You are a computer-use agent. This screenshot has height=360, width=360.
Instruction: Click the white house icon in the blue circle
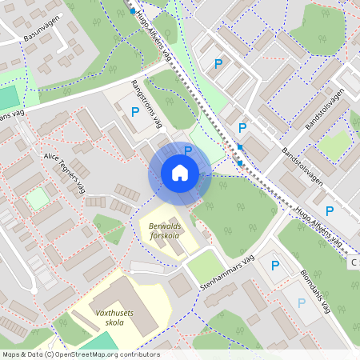pos(180,173)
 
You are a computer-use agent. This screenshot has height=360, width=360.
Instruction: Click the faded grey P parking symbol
pos(301,303)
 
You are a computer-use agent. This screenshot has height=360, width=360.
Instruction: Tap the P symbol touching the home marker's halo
pos(188,150)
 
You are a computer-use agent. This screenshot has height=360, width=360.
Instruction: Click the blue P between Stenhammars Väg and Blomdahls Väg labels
pos(275,266)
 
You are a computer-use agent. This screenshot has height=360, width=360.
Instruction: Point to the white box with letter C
pos(354,262)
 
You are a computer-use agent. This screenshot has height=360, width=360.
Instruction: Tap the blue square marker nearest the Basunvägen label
pos(132,11)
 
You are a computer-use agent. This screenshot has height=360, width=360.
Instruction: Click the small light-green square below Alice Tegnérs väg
pos(37,198)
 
